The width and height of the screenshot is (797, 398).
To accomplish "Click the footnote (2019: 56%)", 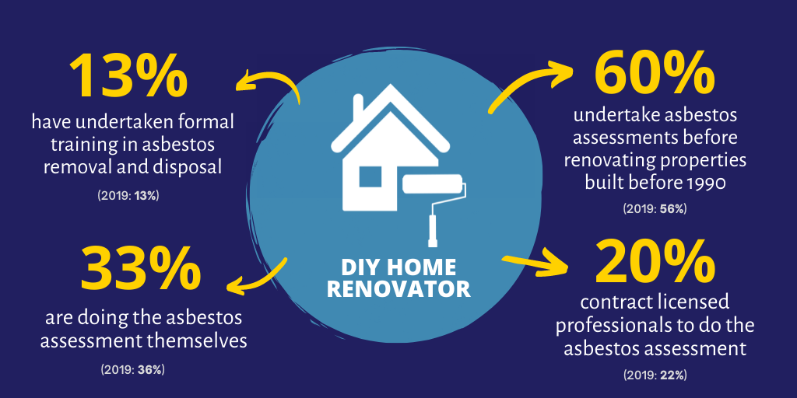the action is point(655,208).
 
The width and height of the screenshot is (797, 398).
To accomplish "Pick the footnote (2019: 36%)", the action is point(132,369).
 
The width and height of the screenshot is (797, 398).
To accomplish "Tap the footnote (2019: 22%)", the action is point(655,375).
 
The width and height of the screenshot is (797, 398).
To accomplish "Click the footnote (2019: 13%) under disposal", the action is point(128,195).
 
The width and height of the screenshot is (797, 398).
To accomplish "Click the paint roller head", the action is point(433,184).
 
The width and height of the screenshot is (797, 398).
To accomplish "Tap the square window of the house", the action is point(370,176).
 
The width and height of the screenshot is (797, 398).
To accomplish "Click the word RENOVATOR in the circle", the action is point(398,288).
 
